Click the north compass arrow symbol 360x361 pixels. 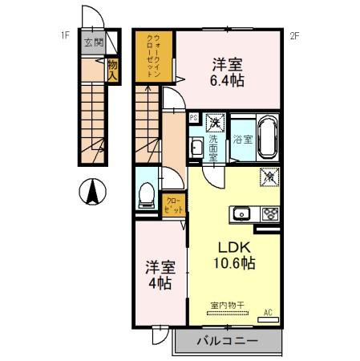tap(94, 192)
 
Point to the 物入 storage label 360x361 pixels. tap(113, 70)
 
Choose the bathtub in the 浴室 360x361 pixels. tap(266, 138)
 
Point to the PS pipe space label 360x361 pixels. tap(193, 117)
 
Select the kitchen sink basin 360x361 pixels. tap(242, 213)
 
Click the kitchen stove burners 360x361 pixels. tap(269, 213)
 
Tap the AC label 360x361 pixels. tap(268, 312)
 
